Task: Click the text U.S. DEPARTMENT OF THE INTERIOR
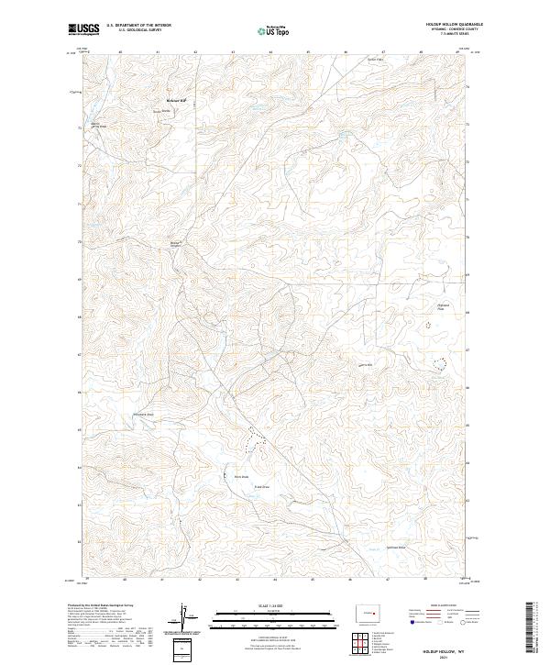(138, 25)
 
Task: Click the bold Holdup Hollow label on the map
(175, 100)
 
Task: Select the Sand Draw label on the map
(259, 487)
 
